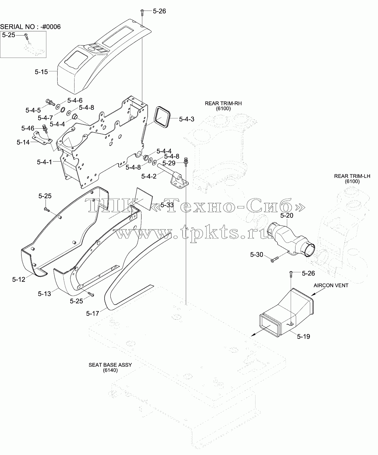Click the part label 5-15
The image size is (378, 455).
(41, 72)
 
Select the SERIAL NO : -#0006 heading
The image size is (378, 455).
(30, 27)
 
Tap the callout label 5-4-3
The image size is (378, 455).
(186, 119)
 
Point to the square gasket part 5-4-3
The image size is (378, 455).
(162, 116)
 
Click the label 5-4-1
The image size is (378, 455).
(44, 162)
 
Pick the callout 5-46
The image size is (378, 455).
(28, 128)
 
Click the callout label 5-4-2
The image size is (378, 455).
(149, 176)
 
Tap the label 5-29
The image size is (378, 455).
(169, 163)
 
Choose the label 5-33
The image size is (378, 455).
(167, 205)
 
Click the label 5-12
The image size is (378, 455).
(19, 279)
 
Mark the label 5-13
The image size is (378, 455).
(44, 293)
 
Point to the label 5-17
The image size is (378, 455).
(93, 313)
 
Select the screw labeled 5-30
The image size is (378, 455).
(275, 259)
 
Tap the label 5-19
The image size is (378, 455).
(303, 337)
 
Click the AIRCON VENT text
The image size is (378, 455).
(331, 285)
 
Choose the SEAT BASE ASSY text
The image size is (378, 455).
(110, 365)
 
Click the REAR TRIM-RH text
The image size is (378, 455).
(223, 103)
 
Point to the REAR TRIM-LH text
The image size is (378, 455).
(352, 176)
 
